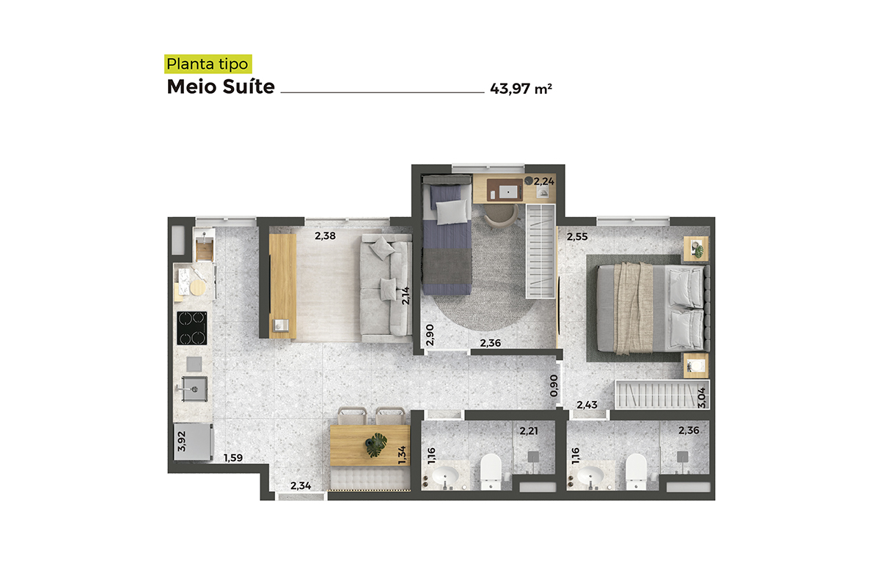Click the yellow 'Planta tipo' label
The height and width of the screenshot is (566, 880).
click(x=208, y=64)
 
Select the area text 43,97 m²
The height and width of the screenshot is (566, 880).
click(x=521, y=89)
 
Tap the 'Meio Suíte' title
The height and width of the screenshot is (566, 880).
click(x=221, y=87)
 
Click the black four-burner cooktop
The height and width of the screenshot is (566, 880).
click(x=191, y=328)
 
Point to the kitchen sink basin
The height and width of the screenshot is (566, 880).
click(x=195, y=389)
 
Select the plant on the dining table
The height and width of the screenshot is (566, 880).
click(x=376, y=445)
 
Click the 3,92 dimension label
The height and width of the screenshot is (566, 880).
click(x=182, y=441)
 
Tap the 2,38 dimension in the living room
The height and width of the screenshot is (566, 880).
click(x=326, y=235)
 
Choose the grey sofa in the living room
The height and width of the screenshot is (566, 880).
click(x=386, y=288)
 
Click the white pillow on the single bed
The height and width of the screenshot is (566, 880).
click(x=452, y=212)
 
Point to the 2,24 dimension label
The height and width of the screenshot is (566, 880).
click(x=544, y=182)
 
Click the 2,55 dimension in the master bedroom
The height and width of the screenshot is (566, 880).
click(x=577, y=237)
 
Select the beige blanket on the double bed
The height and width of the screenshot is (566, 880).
click(x=634, y=309)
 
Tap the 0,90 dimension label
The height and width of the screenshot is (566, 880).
click(x=554, y=386)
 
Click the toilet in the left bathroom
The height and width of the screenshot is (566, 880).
click(x=491, y=471)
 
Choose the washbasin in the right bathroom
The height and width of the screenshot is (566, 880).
click(x=590, y=477)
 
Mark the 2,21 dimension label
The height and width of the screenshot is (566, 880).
click(x=529, y=431)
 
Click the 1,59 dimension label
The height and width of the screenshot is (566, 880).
click(x=233, y=458)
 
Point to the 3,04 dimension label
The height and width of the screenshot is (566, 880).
click(x=702, y=398)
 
